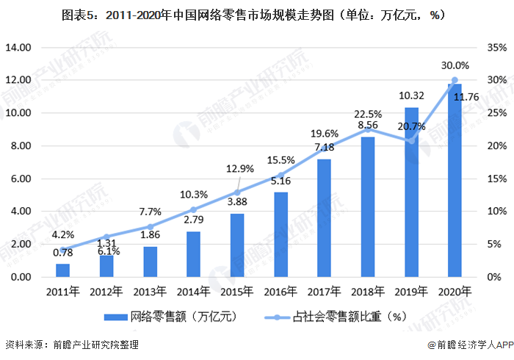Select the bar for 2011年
click(x=62, y=270)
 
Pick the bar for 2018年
click(x=367, y=206)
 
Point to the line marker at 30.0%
click(x=455, y=80)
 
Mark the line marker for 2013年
click(x=150, y=226)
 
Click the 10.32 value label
click(x=410, y=96)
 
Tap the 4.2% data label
click(x=62, y=236)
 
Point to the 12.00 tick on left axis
click(x=18, y=80)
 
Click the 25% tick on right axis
click(x=494, y=113)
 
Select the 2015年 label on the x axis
click(x=236, y=292)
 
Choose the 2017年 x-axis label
click(x=324, y=292)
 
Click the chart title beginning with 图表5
click(x=257, y=14)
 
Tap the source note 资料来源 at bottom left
click(x=71, y=344)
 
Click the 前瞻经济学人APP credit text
click(x=463, y=345)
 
